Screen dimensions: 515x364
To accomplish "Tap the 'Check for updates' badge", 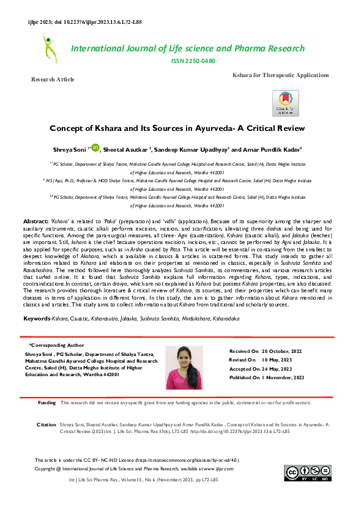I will [285, 103].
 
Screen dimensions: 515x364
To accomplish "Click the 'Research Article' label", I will [53, 80].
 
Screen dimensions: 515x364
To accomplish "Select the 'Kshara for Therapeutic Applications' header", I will [280, 75].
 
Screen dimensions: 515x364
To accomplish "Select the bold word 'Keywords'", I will [37, 319].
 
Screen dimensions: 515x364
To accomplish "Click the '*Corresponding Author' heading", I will [57, 345].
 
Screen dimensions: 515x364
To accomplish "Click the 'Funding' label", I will [46, 403].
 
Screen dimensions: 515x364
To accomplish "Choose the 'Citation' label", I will [46, 424].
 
